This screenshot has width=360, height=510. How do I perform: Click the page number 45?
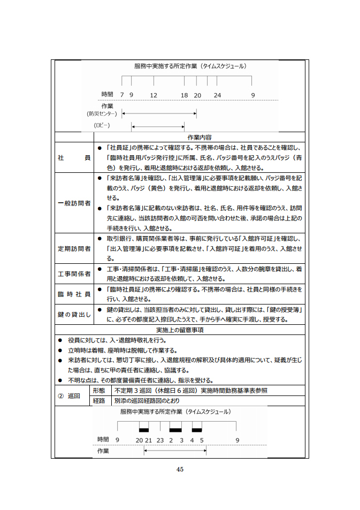tap(180, 469)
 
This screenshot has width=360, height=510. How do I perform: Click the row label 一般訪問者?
tap(74, 203)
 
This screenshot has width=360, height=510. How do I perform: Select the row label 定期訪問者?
tap(74, 249)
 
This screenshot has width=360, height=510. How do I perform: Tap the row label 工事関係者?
tap(74, 274)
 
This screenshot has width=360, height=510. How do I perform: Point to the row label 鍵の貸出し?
tap(74, 315)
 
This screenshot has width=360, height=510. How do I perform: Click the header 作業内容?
tap(200, 137)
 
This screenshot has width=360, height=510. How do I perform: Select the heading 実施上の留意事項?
tap(180, 330)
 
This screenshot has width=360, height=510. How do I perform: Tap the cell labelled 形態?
tap(98, 391)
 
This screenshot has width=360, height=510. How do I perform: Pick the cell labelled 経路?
tap(98, 401)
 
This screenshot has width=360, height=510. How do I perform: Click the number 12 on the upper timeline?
tap(154, 95)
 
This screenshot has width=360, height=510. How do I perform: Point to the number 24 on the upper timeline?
tap(217, 95)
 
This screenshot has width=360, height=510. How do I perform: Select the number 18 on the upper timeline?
tap(184, 95)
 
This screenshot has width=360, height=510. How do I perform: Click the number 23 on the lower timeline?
tap(160, 439)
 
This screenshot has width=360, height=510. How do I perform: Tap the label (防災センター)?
tap(101, 113)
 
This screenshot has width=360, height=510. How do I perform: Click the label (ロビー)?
tap(101, 125)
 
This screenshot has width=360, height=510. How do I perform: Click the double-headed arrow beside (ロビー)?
tap(164, 126)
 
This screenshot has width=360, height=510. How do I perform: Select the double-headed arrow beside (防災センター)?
tap(159, 113)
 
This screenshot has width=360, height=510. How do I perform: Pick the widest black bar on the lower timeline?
tap(175, 429)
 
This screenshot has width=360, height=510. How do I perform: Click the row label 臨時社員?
tap(74, 294)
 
